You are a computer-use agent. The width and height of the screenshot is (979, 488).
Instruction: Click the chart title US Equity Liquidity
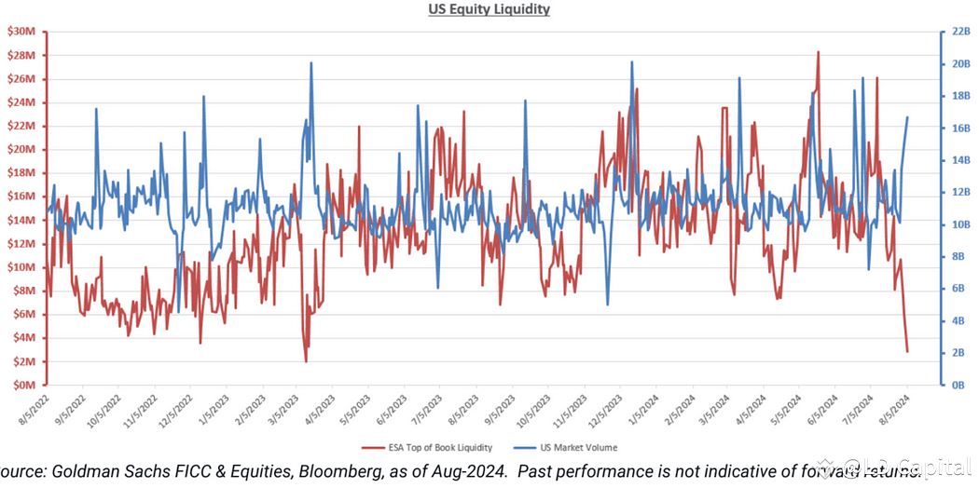pyautogui.click(x=490, y=9)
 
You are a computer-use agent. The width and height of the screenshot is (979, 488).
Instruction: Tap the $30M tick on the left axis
pyautogui.click(x=22, y=32)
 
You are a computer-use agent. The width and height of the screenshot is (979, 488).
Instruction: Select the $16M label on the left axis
pyautogui.click(x=22, y=197)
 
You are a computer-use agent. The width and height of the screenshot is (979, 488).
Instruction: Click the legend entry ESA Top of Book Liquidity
pyautogui.click(x=434, y=449)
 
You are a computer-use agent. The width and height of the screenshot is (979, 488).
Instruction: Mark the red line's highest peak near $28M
pyautogui.click(x=818, y=52)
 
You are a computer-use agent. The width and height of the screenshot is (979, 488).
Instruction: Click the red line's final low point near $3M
pyautogui.click(x=907, y=352)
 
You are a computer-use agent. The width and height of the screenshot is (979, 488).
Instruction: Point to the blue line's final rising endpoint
pyautogui.click(x=908, y=117)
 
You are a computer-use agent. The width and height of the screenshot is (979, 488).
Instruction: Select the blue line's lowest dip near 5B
pyautogui.click(x=608, y=304)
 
